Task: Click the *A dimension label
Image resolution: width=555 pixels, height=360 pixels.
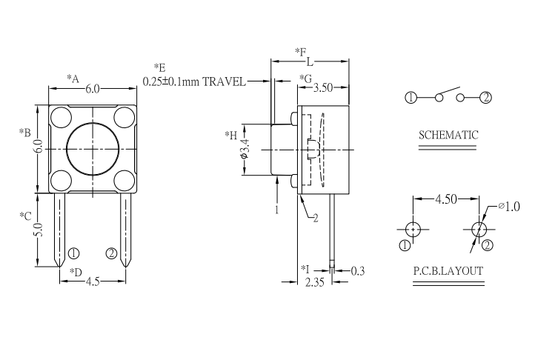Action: [x=73, y=79]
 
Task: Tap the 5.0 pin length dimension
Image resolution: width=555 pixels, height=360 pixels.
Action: [x=39, y=230]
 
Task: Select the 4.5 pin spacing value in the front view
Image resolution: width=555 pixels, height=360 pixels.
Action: [x=93, y=281]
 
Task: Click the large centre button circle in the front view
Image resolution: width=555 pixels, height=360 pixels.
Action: [x=93, y=150]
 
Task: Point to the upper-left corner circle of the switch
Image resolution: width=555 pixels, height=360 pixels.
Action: [x=61, y=118]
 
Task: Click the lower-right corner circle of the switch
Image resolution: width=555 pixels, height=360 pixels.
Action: [x=124, y=181]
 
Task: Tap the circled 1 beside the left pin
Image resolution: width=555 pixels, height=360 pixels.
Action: [x=73, y=253]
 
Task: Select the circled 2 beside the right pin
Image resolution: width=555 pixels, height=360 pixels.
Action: [x=111, y=253]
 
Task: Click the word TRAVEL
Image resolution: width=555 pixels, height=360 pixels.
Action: [x=224, y=82]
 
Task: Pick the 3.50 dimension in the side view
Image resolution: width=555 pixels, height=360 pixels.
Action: [x=323, y=88]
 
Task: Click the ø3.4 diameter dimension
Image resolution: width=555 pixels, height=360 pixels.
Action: [x=245, y=149]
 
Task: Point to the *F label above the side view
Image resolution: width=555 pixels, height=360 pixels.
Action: [x=301, y=52]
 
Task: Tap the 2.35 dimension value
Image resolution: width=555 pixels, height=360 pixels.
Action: [x=315, y=282]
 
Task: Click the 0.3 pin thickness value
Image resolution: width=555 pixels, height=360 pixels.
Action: [x=357, y=271]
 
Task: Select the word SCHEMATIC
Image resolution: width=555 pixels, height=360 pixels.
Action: [x=448, y=135]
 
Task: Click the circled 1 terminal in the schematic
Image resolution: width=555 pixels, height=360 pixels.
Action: [x=411, y=97]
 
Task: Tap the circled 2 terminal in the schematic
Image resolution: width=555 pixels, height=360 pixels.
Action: [x=485, y=97]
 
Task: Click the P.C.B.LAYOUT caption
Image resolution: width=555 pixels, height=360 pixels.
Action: [x=448, y=271]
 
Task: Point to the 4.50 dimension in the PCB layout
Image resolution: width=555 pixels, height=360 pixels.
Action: [x=446, y=199]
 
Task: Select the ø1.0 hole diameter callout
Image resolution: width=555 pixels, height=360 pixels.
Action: [x=509, y=207]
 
